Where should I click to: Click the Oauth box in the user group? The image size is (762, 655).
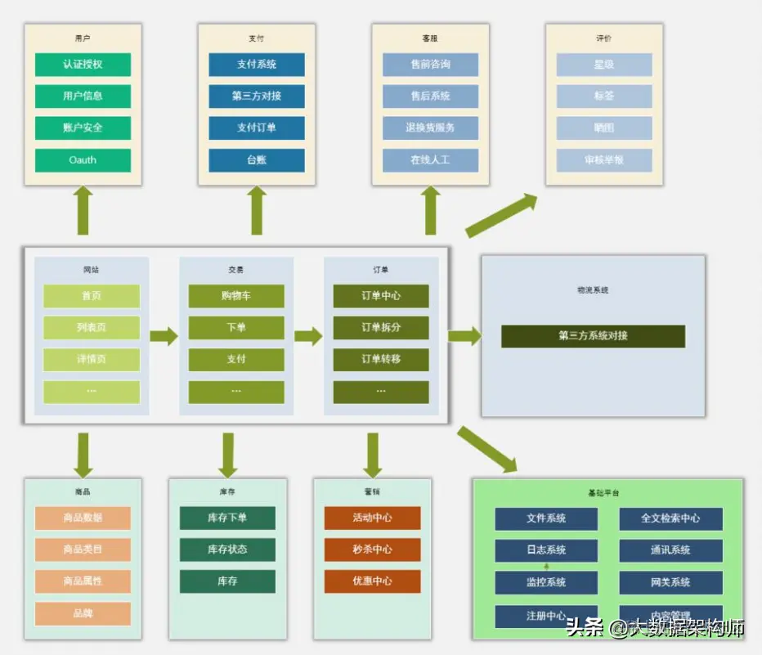pos(83,160)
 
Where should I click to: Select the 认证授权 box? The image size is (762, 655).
pos(83,65)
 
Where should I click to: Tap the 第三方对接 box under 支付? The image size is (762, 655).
pos(257,96)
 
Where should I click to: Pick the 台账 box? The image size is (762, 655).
pos(257,160)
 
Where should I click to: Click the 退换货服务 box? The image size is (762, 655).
pos(430,128)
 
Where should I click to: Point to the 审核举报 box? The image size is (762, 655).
pos(604,160)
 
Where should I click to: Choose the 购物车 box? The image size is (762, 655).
pos(236,296)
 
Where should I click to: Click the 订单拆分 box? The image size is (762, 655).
pos(381,328)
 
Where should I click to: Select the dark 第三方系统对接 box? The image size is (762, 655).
pos(593,336)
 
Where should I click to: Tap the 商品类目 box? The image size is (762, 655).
pos(83,550)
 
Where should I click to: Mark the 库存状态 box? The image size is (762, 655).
pos(227,550)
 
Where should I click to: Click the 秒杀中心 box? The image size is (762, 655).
pos(372,550)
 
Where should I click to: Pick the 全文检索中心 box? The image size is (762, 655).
pos(670,518)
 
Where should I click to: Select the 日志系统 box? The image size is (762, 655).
pos(546,550)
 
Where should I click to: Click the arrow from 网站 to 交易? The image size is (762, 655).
pos(164,335)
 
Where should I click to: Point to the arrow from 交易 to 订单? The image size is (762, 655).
pos(308,335)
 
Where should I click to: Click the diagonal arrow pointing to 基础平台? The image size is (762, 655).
pos(487,449)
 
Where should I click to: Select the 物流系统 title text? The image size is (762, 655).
pos(593,290)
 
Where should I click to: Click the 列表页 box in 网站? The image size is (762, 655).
pos(92,328)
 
